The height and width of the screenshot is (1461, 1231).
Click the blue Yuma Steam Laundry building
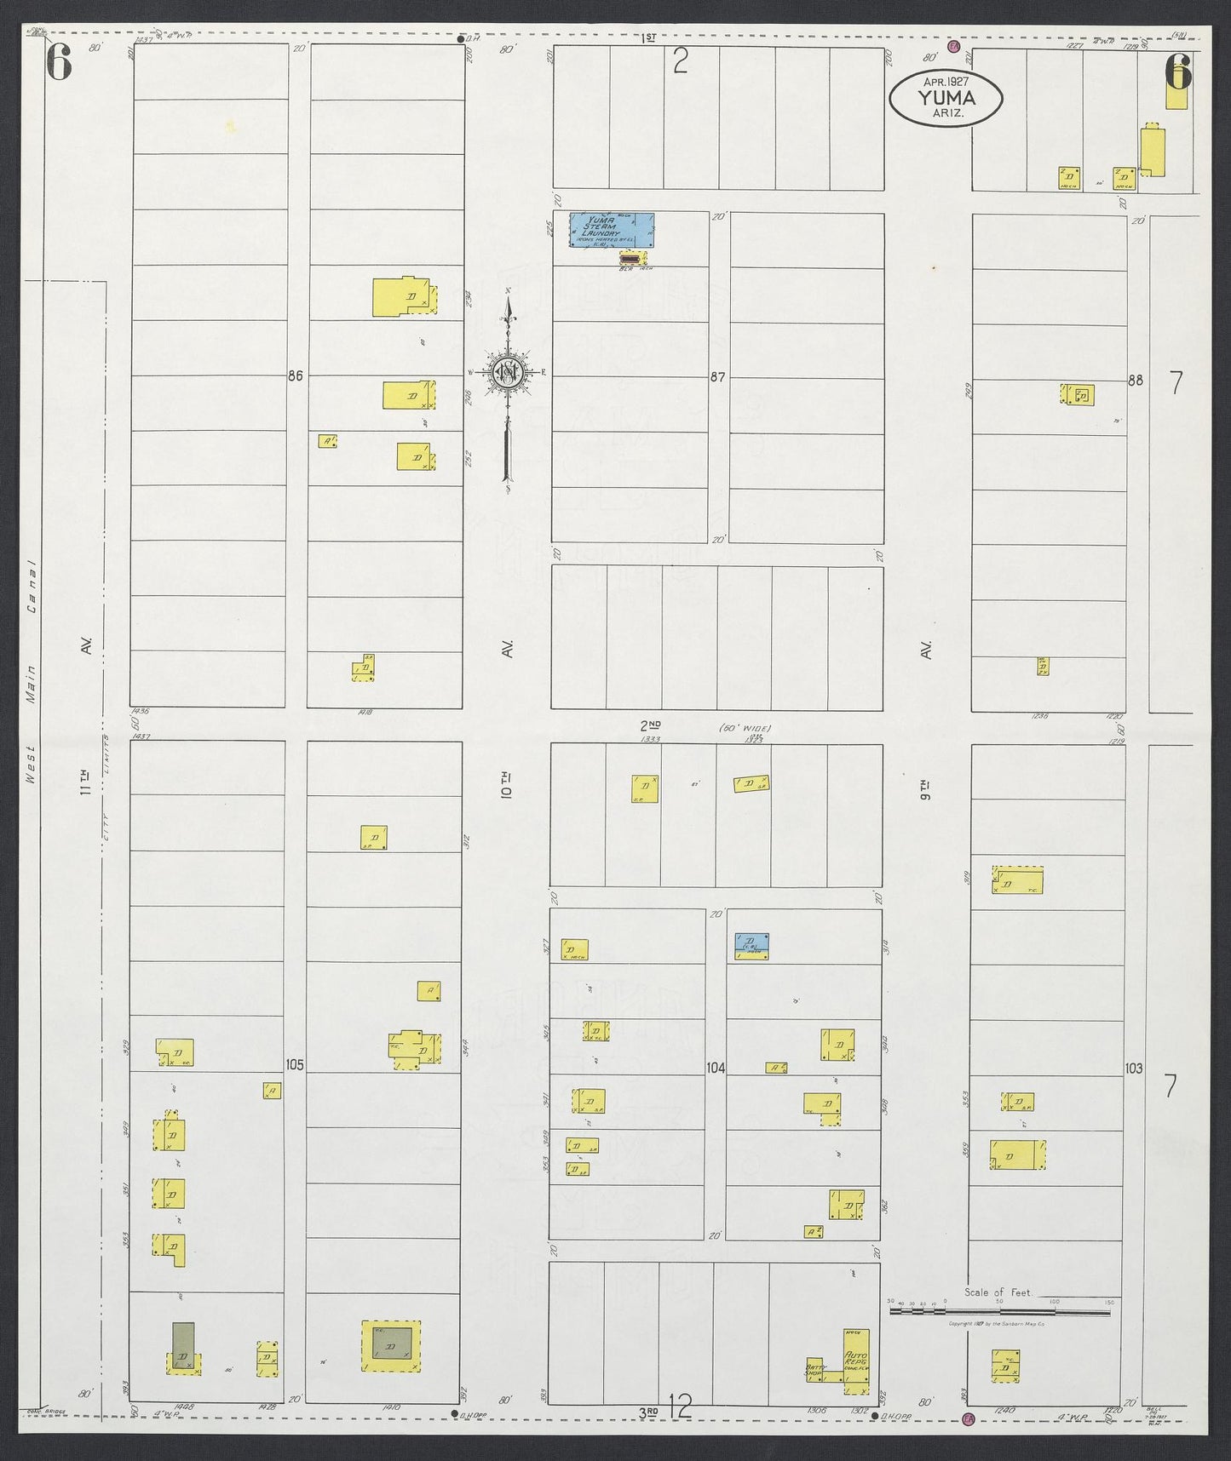coord(612,230)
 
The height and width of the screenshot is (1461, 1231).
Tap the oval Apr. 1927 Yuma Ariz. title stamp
coord(946,99)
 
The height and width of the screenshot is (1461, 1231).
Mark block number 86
coord(295,375)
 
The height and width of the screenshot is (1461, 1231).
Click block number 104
coord(715,1067)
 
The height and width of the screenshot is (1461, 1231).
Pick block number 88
coord(1134,381)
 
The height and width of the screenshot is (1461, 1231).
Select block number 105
coord(295,1065)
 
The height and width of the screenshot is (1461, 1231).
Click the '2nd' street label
coord(651,725)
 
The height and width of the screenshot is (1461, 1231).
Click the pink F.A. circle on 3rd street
coord(968,1419)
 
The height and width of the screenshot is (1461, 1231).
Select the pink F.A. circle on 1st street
coord(955,49)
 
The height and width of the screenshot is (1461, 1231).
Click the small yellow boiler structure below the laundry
coord(632,257)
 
